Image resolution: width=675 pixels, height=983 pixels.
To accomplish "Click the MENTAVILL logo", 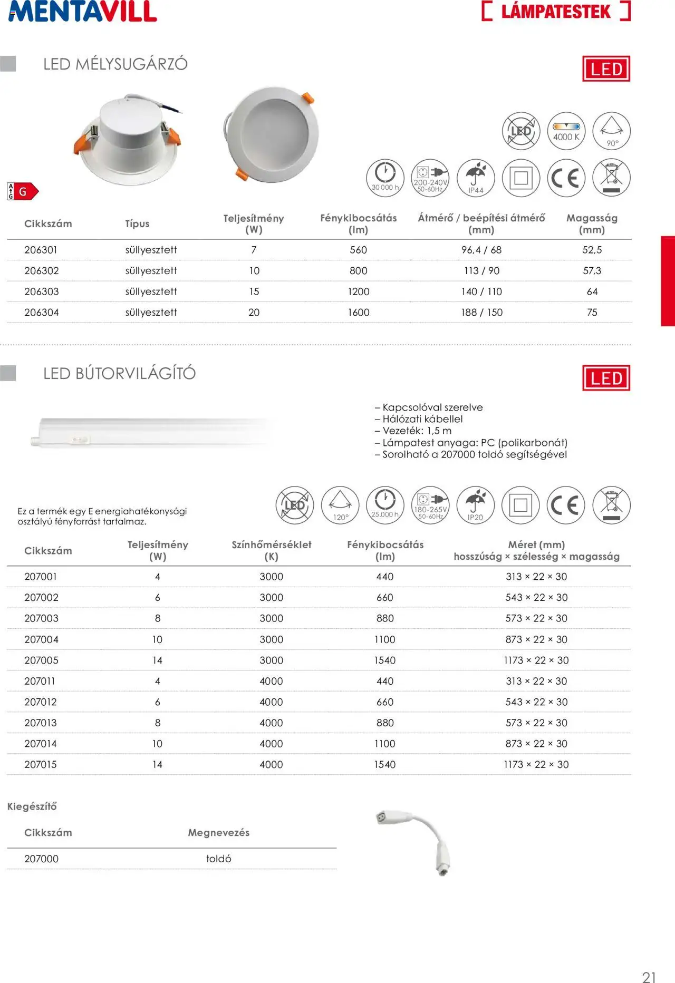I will point(83,12).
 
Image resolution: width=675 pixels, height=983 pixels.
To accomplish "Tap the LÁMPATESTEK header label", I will point(556,11).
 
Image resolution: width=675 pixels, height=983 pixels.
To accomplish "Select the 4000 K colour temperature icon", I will point(566,131).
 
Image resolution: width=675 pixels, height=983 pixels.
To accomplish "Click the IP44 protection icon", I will point(476,178).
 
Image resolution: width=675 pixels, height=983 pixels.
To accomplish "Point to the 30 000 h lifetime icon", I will point(385,178).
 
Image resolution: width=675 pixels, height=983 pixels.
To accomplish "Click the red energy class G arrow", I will point(26,191).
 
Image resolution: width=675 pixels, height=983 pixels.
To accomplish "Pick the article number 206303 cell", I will point(42,291).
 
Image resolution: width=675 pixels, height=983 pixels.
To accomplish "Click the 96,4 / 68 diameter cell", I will point(481,250).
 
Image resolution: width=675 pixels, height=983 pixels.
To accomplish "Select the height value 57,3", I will point(592,271).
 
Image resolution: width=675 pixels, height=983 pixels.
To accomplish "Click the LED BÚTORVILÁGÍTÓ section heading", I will point(119,374).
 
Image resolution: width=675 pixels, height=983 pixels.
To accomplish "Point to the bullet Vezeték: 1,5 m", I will point(413,431).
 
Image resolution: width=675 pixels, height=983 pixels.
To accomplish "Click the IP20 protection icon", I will point(476,505).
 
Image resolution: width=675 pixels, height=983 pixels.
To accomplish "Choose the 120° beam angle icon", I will point(340,505).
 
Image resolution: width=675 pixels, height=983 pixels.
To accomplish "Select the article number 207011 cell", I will point(40,681).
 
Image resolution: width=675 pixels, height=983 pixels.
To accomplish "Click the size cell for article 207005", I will point(536,660).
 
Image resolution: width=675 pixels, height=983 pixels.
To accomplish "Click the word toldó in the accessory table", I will point(219,859).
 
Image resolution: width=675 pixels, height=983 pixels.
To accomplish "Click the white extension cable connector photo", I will point(417,841).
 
